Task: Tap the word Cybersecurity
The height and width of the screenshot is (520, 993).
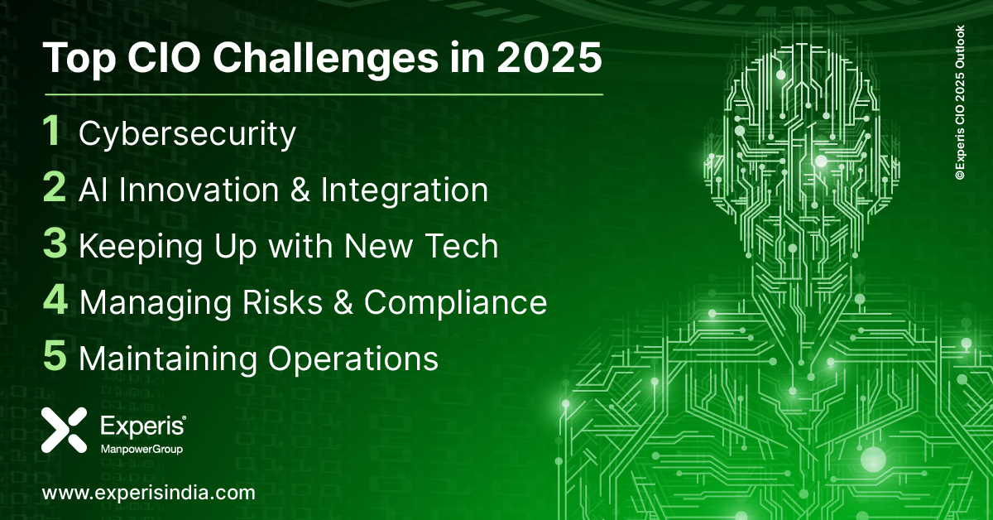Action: coord(187,135)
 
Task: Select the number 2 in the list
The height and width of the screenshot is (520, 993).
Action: coord(55,189)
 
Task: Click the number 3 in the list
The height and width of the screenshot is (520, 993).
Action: coord(55,245)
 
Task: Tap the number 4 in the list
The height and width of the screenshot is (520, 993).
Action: coord(55,301)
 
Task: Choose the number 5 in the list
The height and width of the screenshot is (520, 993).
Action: coord(55,358)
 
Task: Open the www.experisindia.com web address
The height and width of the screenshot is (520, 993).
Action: coord(148,493)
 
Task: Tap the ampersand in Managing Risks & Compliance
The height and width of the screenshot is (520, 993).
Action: coord(340,302)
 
